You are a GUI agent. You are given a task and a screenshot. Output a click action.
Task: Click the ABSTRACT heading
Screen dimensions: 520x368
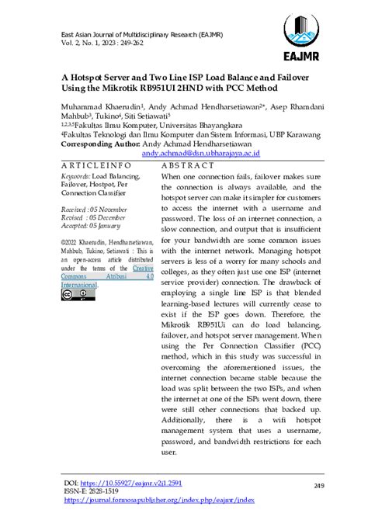[x=187, y=166]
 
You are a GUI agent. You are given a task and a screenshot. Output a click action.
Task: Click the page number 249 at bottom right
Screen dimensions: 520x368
[x=297, y=487]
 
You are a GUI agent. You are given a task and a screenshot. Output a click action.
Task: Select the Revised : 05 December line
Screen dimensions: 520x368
[x=93, y=219]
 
